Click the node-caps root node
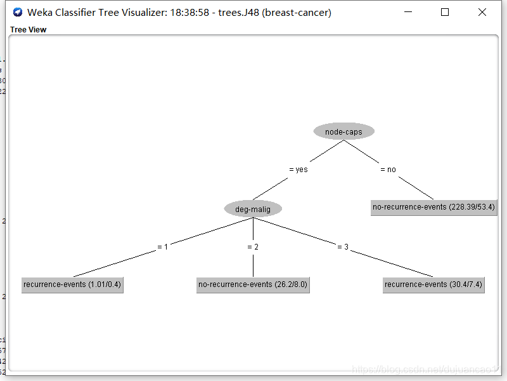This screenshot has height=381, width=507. (x=343, y=131)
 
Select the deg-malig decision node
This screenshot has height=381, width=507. (x=253, y=209)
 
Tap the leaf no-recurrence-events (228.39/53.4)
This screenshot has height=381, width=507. (x=433, y=208)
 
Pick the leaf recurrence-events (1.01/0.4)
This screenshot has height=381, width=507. (x=72, y=284)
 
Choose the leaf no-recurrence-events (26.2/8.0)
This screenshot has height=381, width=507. (x=253, y=284)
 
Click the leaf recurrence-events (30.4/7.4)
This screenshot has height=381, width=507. (x=433, y=284)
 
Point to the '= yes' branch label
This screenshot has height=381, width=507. (x=298, y=170)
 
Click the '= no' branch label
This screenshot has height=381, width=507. (x=388, y=170)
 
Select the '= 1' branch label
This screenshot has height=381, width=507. (x=162, y=247)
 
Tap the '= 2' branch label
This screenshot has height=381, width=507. (x=253, y=247)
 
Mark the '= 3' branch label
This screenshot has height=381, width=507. (x=343, y=247)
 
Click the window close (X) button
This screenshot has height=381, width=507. (x=482, y=12)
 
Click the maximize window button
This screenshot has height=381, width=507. (x=445, y=12)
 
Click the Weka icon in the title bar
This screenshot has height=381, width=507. (x=17, y=13)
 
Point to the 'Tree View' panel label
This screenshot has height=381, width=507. (x=28, y=29)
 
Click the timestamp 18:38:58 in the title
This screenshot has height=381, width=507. (x=189, y=13)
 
